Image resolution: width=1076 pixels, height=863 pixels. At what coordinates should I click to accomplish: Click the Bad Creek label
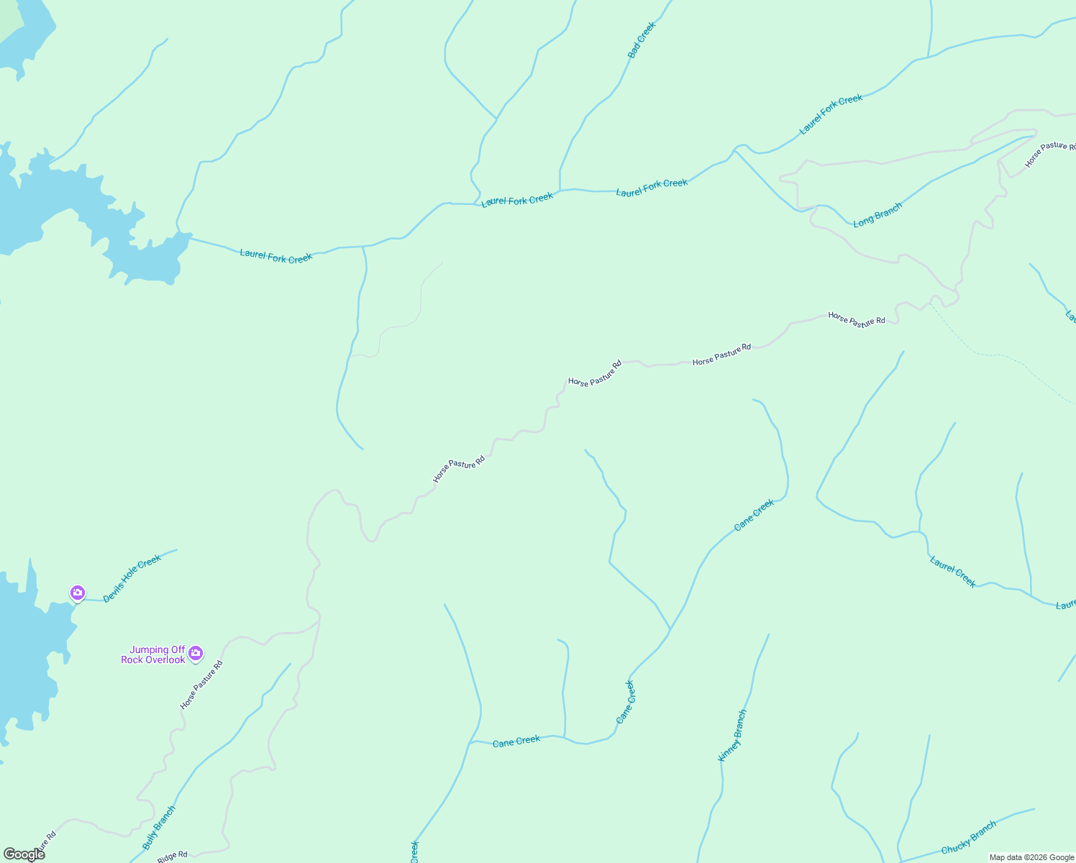642,40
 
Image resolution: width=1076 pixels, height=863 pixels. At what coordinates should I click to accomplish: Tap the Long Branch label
877,215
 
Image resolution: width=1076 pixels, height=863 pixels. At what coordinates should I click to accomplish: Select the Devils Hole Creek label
132,578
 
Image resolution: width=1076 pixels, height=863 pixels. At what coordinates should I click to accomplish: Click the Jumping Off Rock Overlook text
153,654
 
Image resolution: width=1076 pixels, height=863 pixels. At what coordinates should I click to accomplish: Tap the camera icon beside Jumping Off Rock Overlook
196,654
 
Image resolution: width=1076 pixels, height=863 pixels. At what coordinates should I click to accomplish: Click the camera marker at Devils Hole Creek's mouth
78,593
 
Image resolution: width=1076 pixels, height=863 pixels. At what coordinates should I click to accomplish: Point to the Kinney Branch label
732,735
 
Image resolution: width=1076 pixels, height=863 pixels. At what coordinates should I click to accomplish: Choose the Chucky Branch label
968,838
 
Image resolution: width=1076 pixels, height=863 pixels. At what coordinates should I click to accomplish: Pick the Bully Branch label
159,828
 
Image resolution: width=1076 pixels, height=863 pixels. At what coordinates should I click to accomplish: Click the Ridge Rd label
172,856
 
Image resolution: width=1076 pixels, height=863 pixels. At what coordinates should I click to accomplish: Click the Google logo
24,854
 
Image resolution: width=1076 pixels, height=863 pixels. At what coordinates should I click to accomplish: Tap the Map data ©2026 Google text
1031,857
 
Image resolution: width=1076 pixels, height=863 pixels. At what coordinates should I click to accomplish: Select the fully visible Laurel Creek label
953,572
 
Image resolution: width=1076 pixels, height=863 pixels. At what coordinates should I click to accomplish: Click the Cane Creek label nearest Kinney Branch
626,701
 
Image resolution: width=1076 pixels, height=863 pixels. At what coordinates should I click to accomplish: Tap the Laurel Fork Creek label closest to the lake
276,256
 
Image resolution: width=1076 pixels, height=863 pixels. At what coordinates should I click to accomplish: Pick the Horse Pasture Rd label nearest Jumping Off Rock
201,685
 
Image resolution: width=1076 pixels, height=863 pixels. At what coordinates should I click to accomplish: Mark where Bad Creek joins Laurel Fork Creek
560,191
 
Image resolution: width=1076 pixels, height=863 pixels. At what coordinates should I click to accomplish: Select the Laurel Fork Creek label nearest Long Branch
831,114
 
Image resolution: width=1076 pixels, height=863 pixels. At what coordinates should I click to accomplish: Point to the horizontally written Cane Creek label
516,741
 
